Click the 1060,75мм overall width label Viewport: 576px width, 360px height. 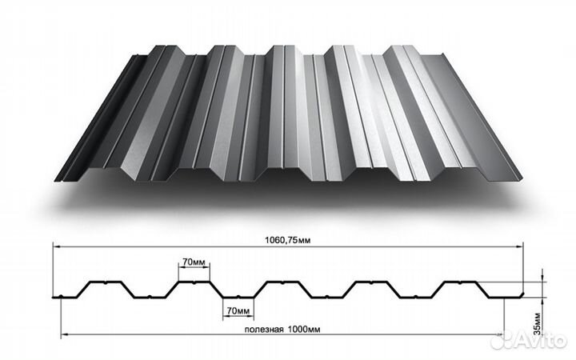click(x=288, y=240)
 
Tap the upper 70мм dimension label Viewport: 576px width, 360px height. click(x=194, y=262)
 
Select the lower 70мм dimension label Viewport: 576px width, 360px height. click(x=238, y=310)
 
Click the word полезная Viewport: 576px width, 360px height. click(x=264, y=329)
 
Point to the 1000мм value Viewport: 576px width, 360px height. click(x=304, y=329)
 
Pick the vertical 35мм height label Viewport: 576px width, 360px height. click(x=538, y=324)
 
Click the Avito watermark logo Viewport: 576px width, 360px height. click(x=528, y=340)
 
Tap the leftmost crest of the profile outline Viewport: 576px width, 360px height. click(x=106, y=282)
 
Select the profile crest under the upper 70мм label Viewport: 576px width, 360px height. click(x=194, y=282)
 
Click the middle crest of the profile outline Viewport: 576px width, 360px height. click(x=282, y=282)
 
